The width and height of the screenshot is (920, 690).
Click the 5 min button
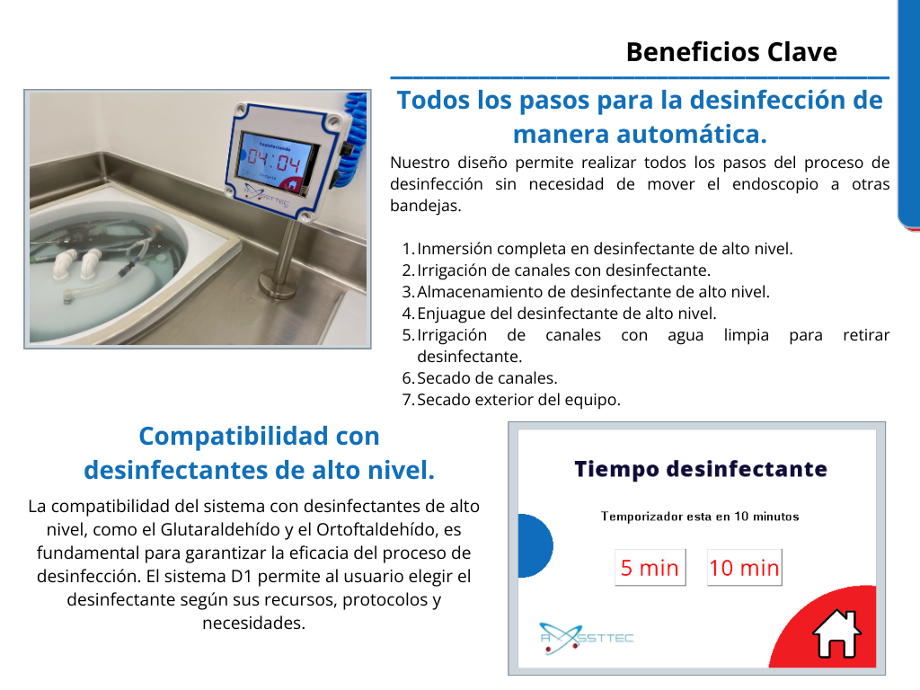point(650,568)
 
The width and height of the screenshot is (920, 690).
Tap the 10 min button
point(744,568)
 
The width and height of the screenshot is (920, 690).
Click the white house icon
point(836,633)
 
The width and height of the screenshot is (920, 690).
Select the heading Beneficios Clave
point(731,52)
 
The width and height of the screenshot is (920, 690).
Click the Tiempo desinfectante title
point(701,469)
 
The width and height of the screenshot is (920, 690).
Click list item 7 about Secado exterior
point(511,400)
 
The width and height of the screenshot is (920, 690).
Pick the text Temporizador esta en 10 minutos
point(700,517)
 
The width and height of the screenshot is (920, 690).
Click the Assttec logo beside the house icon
point(586,639)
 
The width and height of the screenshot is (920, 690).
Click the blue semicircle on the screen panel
point(535,545)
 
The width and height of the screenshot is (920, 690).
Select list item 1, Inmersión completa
point(597,249)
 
